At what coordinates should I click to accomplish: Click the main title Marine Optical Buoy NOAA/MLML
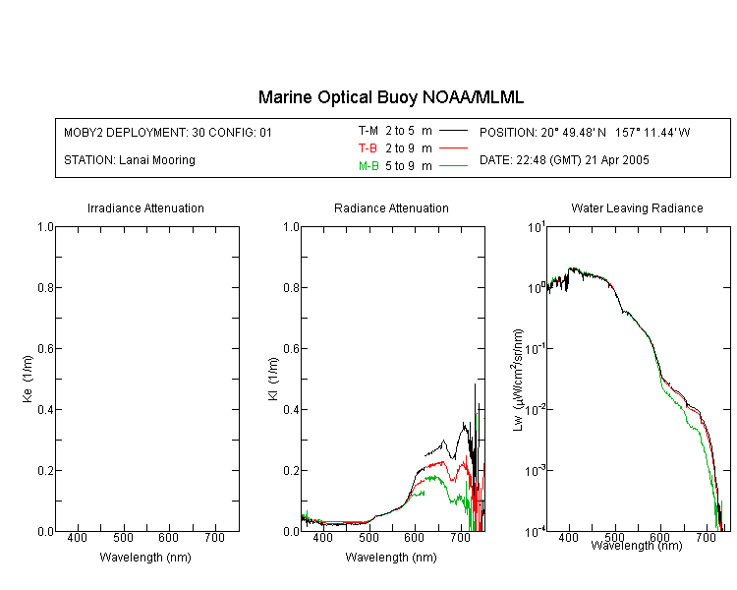coord(390,97)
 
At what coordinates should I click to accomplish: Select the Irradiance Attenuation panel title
coord(145,207)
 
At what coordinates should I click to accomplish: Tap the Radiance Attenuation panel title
coord(391,207)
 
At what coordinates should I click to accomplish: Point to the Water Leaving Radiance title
coord(637,207)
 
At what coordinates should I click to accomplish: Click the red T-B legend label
coord(368,148)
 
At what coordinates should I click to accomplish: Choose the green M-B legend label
coord(368,166)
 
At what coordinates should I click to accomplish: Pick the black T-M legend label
coord(368,131)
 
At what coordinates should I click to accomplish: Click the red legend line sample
coord(453,148)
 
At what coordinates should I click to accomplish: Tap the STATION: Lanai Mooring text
coord(130,160)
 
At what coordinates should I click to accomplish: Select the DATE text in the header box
coord(564,160)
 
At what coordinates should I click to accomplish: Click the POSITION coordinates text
coord(585,132)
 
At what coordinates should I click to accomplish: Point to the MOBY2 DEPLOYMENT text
coord(168,132)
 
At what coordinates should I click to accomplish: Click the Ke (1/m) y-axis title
coord(28,379)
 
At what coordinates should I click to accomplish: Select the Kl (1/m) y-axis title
coord(273,379)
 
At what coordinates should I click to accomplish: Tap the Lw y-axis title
coord(518,380)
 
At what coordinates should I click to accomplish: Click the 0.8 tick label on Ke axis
coord(45,287)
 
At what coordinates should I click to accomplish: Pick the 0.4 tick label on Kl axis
coord(292,409)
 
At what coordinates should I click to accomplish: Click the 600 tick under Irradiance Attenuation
coord(169,537)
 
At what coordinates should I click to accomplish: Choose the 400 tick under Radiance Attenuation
coord(323,537)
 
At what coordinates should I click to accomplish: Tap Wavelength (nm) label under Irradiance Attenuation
coord(145,558)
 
